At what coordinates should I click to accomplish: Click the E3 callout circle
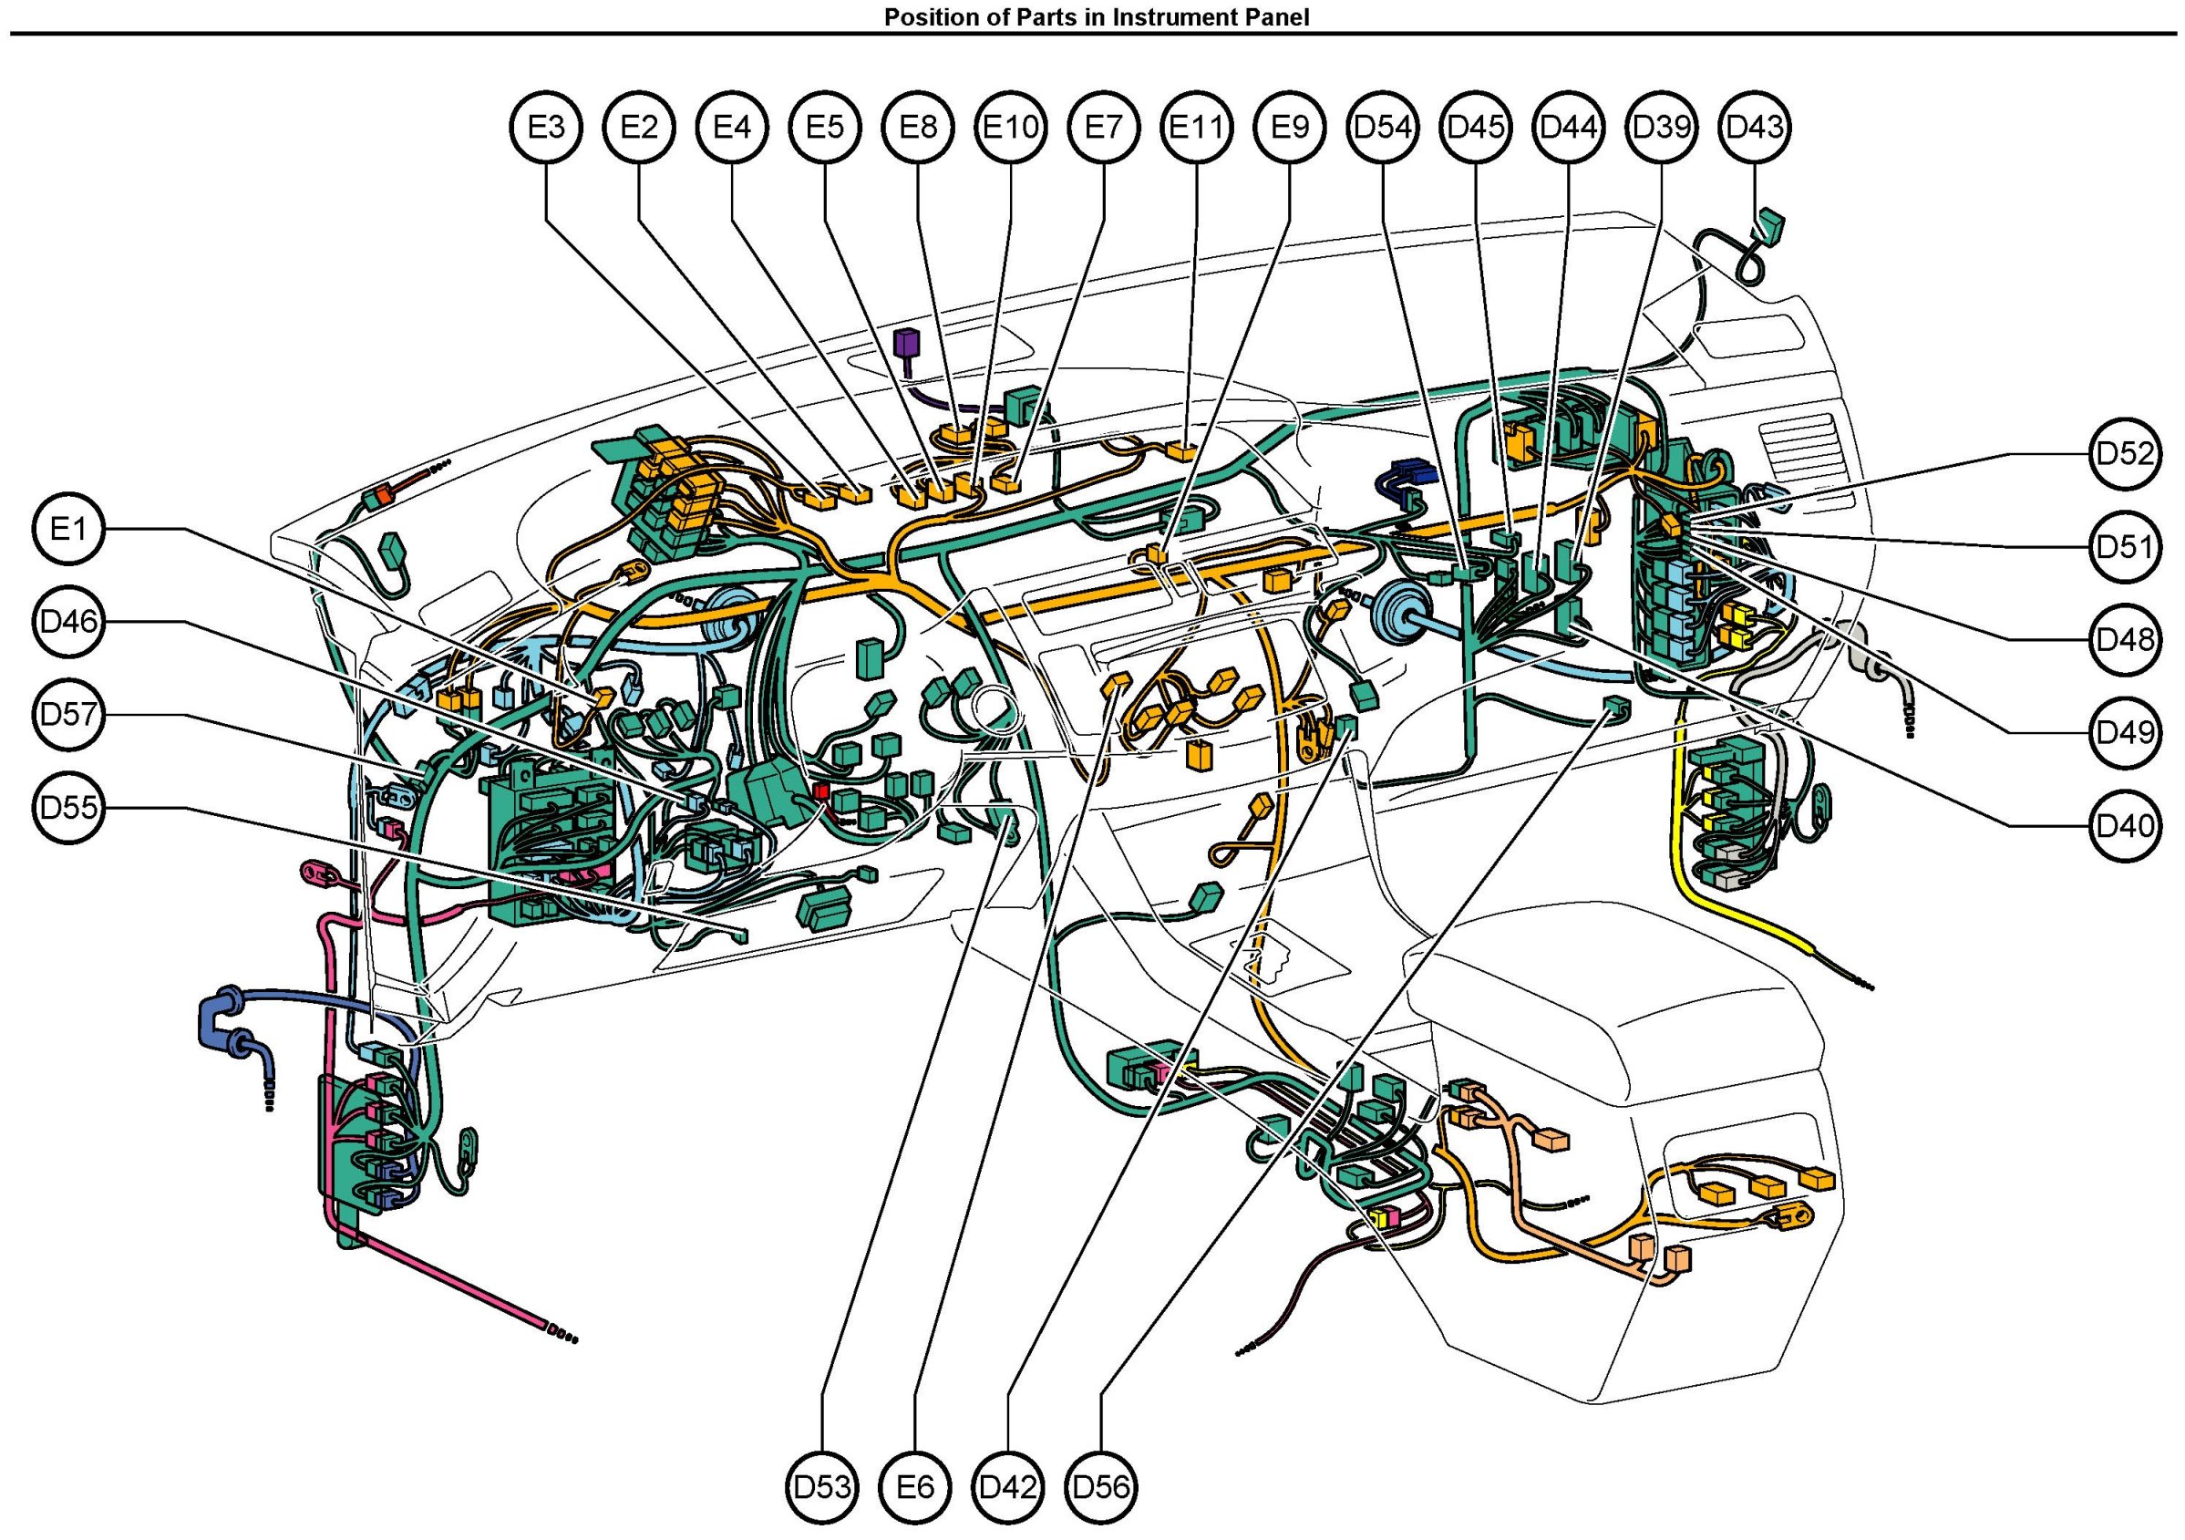pos(546,127)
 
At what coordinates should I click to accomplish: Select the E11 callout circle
pos(1196,127)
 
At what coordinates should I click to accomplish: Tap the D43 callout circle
pos(1755,127)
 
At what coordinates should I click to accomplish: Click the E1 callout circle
pos(67,528)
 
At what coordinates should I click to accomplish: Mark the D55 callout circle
pos(67,808)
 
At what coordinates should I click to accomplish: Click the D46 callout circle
pos(67,622)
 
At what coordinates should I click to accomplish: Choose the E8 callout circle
pos(918,127)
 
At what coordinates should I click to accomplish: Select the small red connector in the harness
pos(820,792)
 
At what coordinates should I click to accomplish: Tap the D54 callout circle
pos(1382,127)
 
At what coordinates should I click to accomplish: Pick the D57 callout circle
pos(67,715)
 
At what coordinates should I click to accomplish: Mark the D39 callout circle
pos(1662,127)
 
